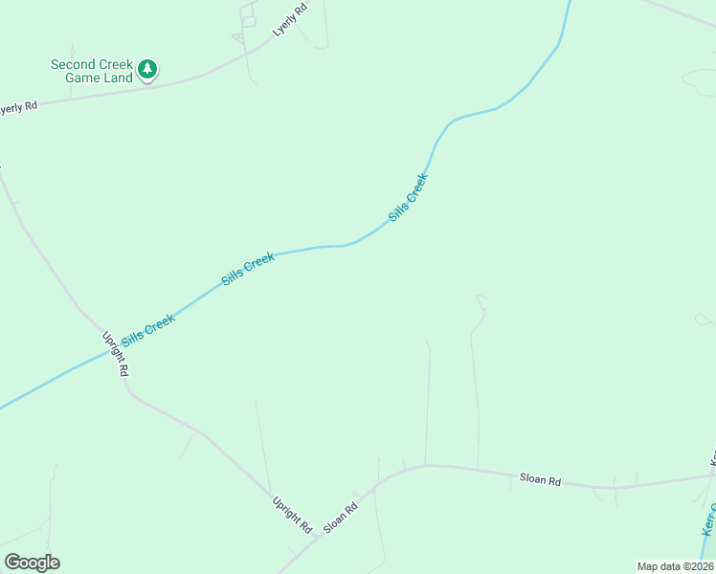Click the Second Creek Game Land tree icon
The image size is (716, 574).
146,69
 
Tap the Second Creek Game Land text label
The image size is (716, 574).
92,71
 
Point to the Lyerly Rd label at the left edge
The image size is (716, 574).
16,108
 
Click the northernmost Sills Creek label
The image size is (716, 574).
408,198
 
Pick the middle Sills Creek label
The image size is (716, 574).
248,269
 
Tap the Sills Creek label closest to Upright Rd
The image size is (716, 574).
147,331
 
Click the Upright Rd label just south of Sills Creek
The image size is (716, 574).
116,353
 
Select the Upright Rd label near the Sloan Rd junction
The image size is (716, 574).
292,515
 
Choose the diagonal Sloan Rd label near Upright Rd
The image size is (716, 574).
340,518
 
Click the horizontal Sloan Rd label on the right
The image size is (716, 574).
540,479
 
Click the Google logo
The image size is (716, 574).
32,563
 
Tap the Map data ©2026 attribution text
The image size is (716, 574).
675,566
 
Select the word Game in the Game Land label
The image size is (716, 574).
83,77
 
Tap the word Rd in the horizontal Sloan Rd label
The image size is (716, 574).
553,480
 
